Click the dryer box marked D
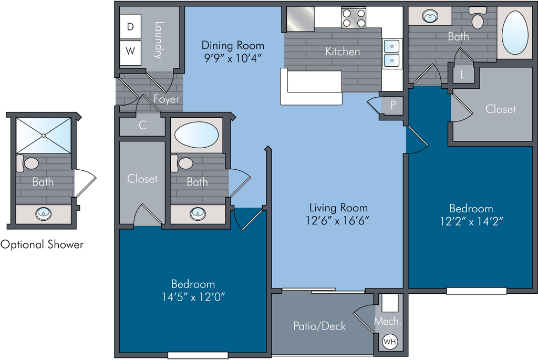[130, 26]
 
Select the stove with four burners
[354, 18]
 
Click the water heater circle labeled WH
[390, 342]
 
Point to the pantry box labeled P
[393, 105]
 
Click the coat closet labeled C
[143, 125]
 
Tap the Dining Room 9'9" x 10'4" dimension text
[233, 58]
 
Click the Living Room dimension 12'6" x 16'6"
[338, 220]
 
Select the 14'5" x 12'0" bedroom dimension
[193, 296]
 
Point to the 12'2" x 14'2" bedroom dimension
[471, 221]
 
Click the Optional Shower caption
[42, 245]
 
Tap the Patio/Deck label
[319, 326]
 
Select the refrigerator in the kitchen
[300, 19]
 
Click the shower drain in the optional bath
[44, 136]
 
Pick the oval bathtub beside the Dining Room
[196, 135]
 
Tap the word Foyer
[167, 99]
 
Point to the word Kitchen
[343, 52]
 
